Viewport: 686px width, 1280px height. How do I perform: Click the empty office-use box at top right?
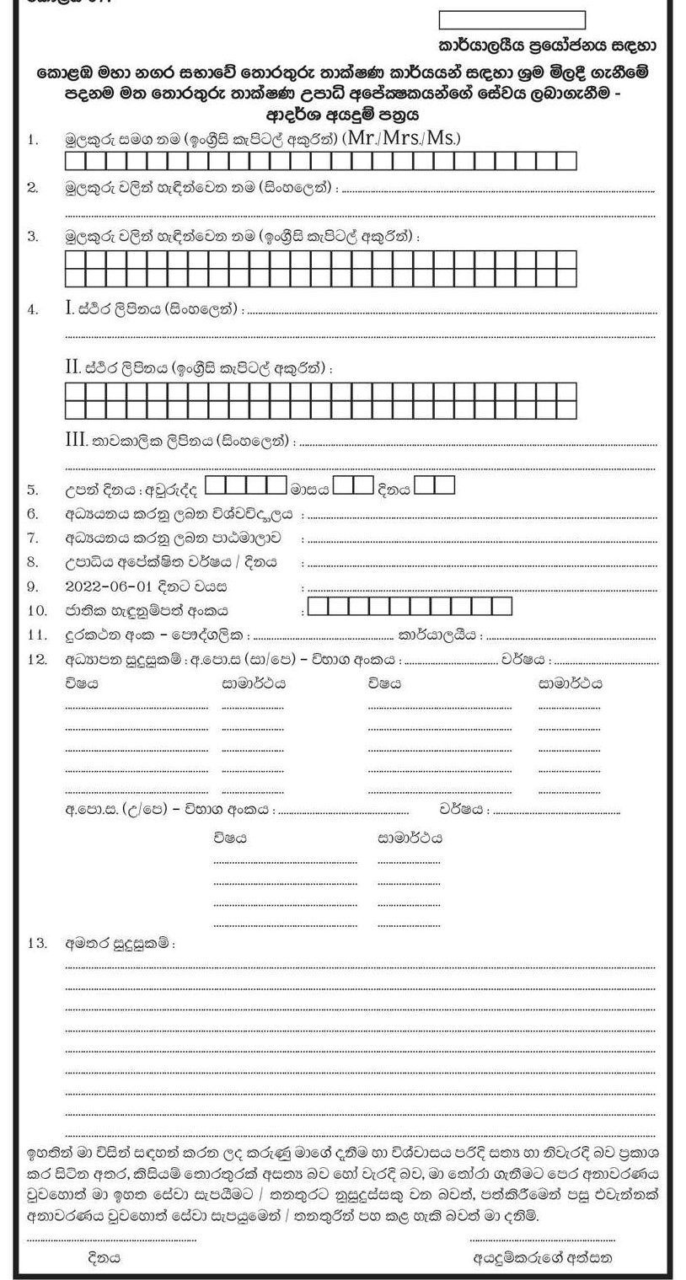pos(512,20)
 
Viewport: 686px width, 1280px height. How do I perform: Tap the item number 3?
pos(33,237)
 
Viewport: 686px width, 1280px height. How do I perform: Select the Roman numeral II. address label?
pos(72,367)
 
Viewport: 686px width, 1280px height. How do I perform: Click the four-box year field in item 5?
pos(246,485)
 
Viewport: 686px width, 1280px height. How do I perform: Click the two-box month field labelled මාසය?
pos(353,485)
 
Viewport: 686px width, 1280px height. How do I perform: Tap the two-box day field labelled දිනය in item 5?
pos(435,485)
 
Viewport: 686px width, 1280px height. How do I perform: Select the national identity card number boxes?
pos(410,607)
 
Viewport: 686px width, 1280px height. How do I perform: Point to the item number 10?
pos(35,610)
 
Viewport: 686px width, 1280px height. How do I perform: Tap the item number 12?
pos(35,659)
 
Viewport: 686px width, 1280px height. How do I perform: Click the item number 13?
pos(35,944)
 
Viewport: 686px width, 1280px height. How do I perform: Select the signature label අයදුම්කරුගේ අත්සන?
pos(543,1258)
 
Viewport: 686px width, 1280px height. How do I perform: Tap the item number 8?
pos(33,561)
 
